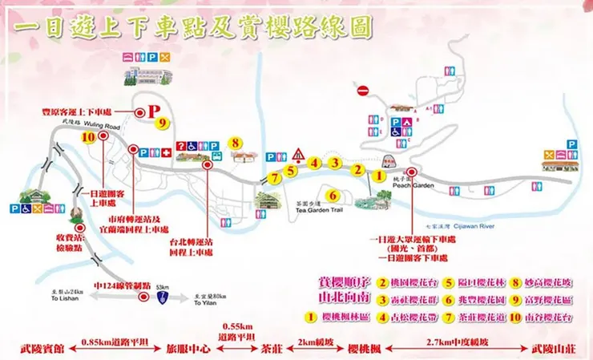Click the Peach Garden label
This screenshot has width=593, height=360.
coord(408,185)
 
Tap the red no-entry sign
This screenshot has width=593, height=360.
coord(363,91)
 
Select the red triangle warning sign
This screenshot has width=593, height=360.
coord(299,154)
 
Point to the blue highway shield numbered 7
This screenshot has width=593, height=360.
coord(164,297)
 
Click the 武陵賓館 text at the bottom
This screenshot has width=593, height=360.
coord(41,350)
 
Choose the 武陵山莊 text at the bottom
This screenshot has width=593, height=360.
coord(552,350)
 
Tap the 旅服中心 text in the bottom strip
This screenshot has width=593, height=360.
coord(188,350)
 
